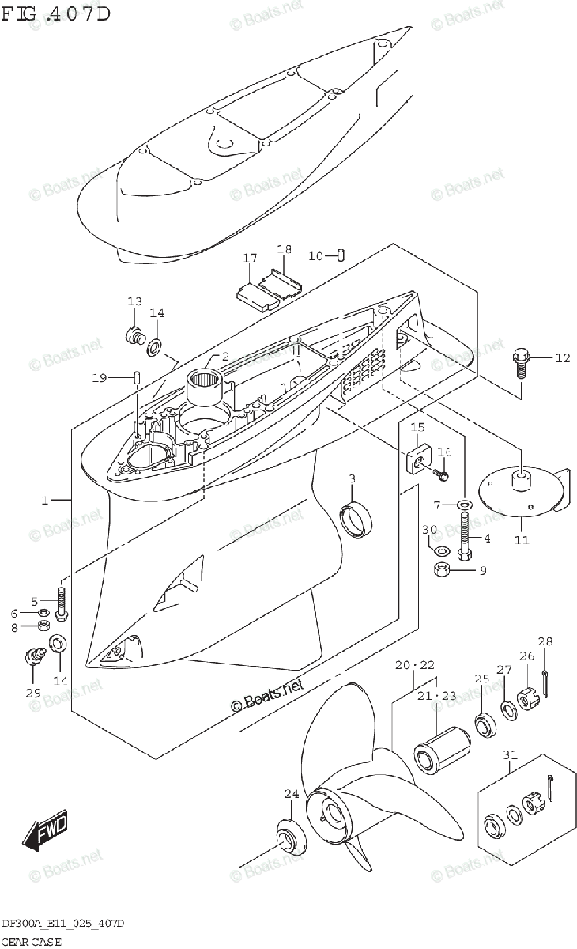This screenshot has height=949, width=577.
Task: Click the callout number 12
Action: tap(561, 358)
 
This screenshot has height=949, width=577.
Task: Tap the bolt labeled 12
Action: tap(522, 362)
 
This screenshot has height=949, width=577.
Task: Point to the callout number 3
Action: tap(353, 478)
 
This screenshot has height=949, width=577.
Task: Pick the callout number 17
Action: tap(250, 258)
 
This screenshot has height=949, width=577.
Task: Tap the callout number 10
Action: tap(315, 255)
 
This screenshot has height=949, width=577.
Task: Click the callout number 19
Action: tap(98, 378)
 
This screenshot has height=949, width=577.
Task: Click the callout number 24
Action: tap(292, 793)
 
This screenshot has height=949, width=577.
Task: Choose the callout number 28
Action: tap(545, 641)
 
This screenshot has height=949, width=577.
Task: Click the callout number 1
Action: tap(45, 501)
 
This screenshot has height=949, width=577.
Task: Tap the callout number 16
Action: tap(445, 452)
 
